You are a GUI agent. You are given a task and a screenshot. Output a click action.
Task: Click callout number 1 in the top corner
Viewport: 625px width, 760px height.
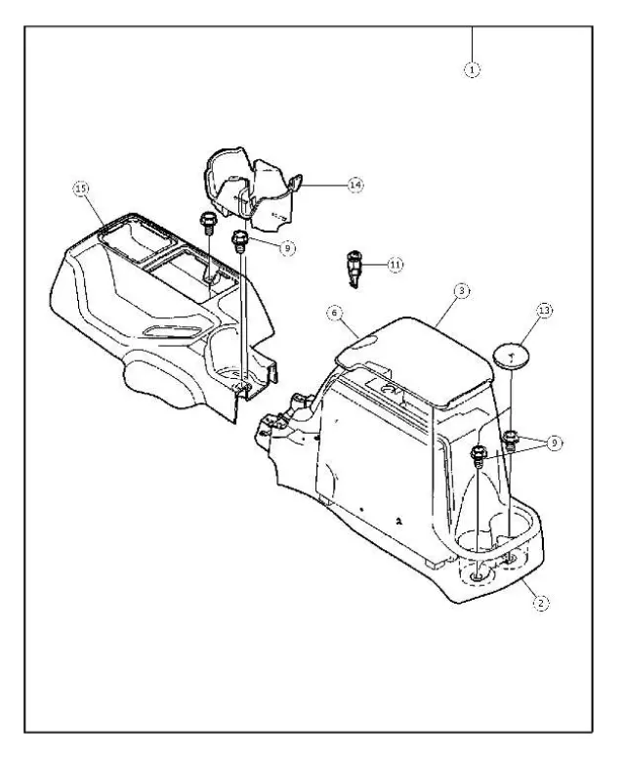(x=473, y=69)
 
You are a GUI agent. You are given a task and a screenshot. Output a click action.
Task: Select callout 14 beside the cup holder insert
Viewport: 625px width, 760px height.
(x=355, y=184)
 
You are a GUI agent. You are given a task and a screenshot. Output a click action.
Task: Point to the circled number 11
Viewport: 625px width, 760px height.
(x=395, y=264)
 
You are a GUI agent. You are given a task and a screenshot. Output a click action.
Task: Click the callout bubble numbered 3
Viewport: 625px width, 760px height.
(x=462, y=291)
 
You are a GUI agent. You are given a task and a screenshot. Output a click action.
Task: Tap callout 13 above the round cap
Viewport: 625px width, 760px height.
(x=545, y=312)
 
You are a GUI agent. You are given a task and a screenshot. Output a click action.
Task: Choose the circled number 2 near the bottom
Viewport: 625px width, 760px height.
(x=538, y=603)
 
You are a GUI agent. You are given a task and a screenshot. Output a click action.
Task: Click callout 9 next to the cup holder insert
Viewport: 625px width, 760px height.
(x=286, y=248)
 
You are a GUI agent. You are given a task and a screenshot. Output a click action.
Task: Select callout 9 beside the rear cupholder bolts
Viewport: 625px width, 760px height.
(x=555, y=443)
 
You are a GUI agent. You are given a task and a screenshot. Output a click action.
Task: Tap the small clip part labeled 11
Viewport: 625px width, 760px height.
(x=354, y=267)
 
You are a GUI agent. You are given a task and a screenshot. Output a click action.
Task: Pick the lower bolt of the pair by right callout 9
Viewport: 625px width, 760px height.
(x=479, y=453)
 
